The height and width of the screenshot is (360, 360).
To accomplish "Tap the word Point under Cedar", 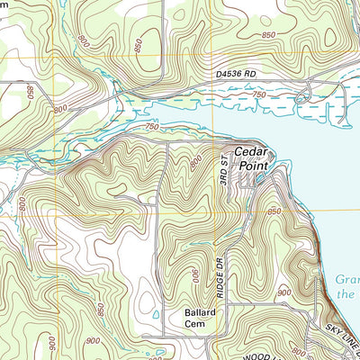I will (x=251, y=166).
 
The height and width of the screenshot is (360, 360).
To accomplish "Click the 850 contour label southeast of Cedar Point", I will (x=274, y=211).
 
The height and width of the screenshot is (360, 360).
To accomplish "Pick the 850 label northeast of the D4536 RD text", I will (x=268, y=34).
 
